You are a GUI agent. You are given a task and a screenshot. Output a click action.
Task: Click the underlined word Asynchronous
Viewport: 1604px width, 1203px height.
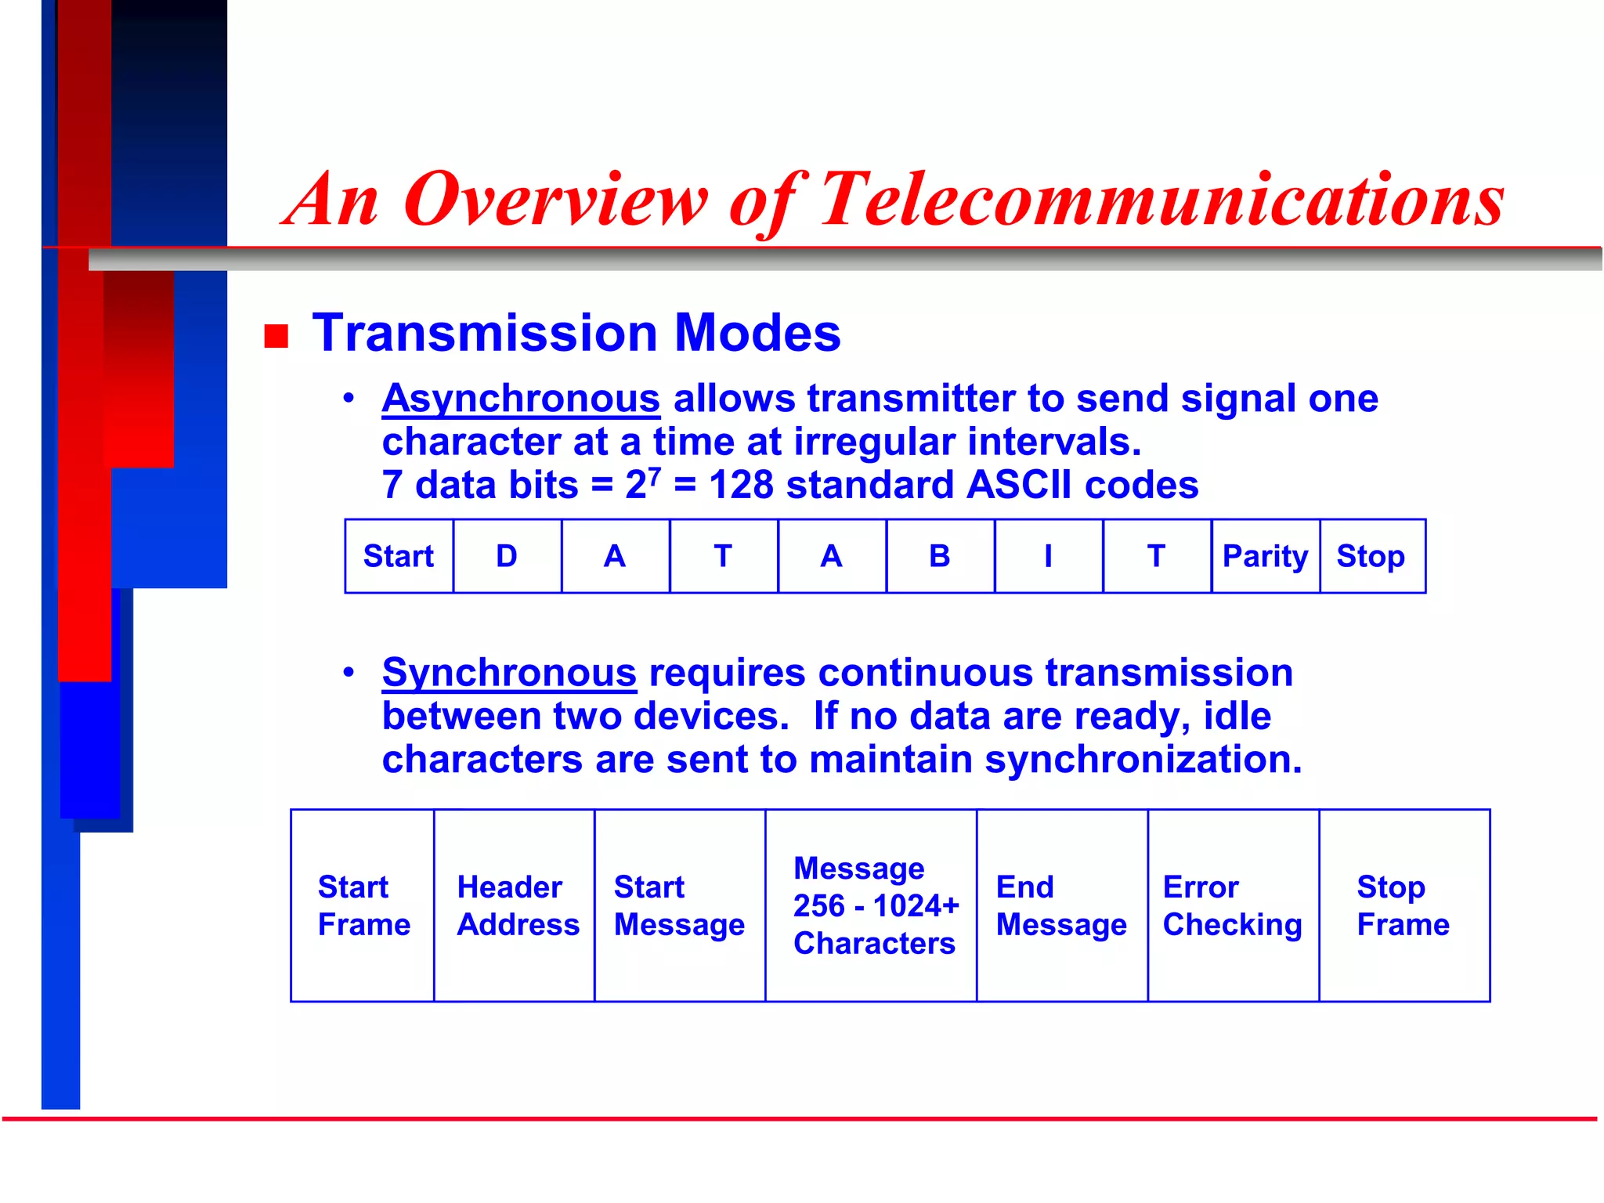(x=521, y=399)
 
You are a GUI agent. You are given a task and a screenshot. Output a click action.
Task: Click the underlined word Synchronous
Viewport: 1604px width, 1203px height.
(x=509, y=673)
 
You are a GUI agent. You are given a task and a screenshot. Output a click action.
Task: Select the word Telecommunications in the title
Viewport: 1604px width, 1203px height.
(x=1161, y=200)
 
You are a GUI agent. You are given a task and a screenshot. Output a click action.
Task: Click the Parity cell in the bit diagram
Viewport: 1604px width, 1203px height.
(x=1265, y=556)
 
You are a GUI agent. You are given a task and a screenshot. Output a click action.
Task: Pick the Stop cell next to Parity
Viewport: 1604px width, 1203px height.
(x=1371, y=556)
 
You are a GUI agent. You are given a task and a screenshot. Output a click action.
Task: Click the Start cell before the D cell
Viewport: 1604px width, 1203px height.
(x=399, y=556)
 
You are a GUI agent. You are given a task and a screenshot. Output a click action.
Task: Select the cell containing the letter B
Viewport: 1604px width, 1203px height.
(x=940, y=556)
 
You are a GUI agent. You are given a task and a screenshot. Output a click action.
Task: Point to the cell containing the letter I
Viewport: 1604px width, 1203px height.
(x=1048, y=556)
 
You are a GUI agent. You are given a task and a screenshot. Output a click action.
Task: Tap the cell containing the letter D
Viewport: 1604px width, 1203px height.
(x=507, y=556)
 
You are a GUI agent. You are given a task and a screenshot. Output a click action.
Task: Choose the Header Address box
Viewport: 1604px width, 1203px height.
(x=515, y=905)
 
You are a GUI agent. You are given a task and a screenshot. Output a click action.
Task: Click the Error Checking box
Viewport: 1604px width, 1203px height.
(x=1233, y=905)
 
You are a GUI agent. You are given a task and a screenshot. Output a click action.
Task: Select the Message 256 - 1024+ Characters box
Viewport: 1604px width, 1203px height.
(x=872, y=905)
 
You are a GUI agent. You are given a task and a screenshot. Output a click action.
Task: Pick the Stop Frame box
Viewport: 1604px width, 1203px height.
(x=1403, y=905)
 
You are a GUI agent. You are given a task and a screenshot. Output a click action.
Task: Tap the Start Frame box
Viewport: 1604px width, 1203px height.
(x=363, y=905)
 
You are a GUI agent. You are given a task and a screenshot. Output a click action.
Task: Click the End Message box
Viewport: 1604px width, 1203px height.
(x=1061, y=905)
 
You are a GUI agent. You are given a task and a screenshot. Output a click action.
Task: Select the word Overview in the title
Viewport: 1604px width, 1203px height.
(x=555, y=200)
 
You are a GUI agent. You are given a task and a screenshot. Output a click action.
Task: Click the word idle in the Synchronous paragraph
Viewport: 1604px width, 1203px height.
(x=1237, y=716)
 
